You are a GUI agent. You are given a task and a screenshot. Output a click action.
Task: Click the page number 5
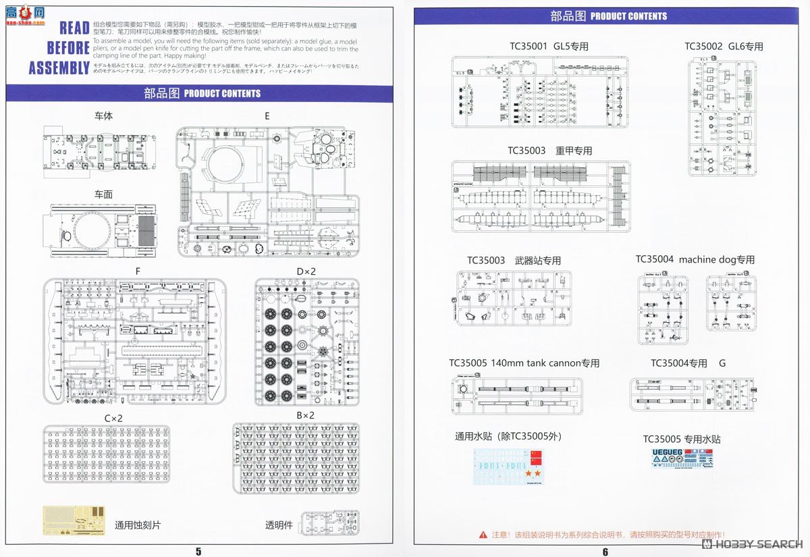point(198,551)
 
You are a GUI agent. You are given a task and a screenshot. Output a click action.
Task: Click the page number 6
point(605,551)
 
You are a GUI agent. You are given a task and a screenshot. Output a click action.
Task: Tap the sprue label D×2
point(306,271)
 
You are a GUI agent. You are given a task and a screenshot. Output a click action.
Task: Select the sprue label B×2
point(306,415)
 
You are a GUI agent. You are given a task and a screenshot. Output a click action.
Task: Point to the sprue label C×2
point(113,418)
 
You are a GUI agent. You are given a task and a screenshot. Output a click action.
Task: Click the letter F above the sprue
point(138,271)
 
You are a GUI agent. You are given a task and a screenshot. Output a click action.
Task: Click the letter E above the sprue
point(267,116)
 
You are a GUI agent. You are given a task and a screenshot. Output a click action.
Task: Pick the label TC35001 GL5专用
point(549,47)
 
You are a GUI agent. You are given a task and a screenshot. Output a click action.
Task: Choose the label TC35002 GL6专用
point(724,47)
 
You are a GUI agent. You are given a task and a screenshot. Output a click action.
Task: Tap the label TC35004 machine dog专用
point(695,259)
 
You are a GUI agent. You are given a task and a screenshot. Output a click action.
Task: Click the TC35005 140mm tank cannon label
point(524,363)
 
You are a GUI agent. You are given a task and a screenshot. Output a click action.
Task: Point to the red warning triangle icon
point(483,534)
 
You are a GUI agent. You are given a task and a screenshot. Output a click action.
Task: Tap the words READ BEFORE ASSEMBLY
point(59,48)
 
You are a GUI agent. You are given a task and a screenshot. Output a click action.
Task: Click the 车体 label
point(103,116)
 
